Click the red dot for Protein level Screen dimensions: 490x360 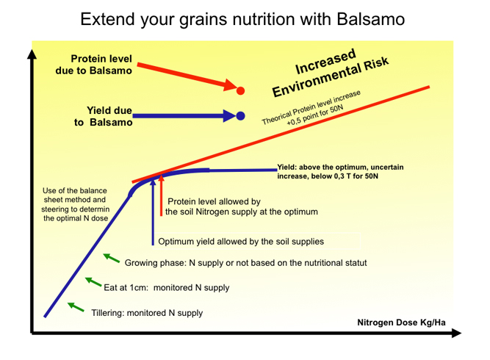coord(240,90)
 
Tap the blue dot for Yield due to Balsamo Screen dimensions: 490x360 coord(240,116)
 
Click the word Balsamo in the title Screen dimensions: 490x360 coord(371,19)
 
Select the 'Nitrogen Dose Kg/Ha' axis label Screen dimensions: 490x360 coord(401,323)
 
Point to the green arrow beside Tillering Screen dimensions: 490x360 coord(76,307)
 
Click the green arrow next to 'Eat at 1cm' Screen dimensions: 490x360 coord(93,281)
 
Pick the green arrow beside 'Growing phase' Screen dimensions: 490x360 coord(111,258)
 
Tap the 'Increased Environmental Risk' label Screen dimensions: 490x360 coord(330,73)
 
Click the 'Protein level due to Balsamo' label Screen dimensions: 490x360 coord(94,65)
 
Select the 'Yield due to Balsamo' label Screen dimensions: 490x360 coord(104,116)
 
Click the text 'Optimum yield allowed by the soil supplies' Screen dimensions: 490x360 coord(241,242)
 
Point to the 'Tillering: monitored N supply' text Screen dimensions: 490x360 coord(147,313)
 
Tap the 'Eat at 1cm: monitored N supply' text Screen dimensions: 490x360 coord(167,287)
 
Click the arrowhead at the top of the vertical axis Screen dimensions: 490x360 coord(32,54)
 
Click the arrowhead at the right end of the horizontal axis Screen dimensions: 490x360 coord(456,333)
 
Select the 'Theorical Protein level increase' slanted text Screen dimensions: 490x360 coord(311,107)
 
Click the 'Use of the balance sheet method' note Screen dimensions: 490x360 coord(76,204)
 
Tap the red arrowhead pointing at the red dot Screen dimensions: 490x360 coord(230,84)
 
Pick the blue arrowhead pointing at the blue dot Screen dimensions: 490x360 coord(229,116)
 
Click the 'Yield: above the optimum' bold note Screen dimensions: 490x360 coord(340,172)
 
